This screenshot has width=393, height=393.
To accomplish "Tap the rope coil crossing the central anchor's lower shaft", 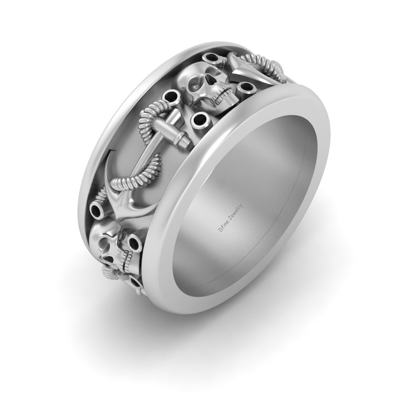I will click(x=131, y=178).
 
